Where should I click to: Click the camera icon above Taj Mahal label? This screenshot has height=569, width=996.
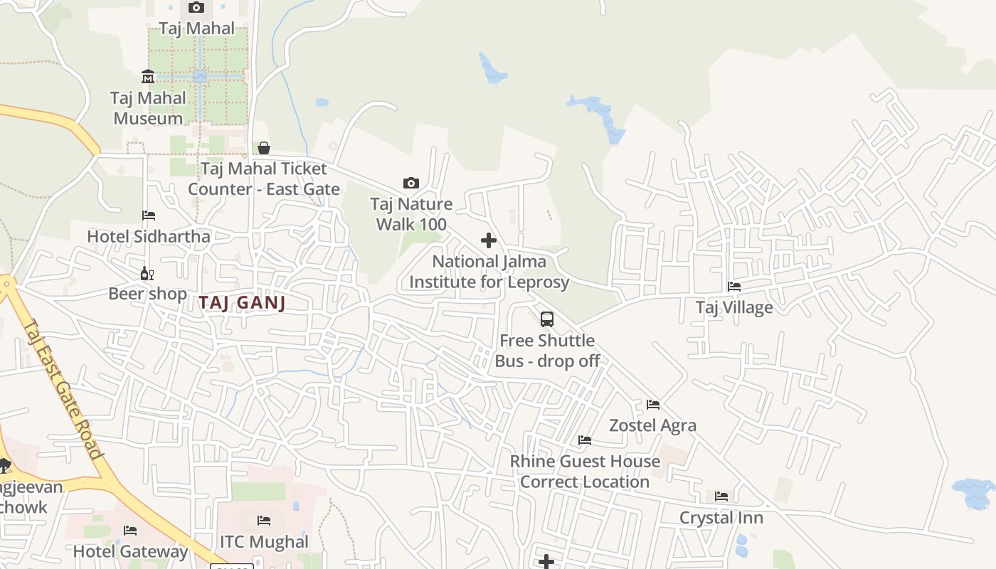click(196, 8)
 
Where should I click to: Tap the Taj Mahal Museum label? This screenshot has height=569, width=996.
click(148, 108)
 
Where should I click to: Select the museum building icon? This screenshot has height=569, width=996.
click(148, 76)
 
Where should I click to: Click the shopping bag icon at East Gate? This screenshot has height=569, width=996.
click(264, 148)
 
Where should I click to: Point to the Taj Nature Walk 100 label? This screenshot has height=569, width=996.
click(411, 214)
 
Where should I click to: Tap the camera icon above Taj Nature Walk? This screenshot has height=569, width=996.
click(410, 184)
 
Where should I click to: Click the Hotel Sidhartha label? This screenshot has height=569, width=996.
click(149, 236)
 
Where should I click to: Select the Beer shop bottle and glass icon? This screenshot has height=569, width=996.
click(147, 273)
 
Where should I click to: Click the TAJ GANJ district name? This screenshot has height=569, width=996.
click(242, 303)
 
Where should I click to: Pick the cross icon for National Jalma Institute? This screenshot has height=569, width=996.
click(489, 240)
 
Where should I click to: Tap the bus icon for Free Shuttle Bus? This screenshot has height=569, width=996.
click(546, 319)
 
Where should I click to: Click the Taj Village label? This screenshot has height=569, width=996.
click(734, 307)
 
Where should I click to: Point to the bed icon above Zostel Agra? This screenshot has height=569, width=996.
click(653, 405)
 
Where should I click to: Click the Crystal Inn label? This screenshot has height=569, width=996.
click(721, 518)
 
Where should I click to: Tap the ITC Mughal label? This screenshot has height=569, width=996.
click(264, 542)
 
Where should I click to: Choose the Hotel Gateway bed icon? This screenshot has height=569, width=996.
click(130, 531)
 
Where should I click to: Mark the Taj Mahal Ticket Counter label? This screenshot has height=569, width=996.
click(264, 179)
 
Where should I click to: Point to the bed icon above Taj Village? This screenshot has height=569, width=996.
click(734, 287)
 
